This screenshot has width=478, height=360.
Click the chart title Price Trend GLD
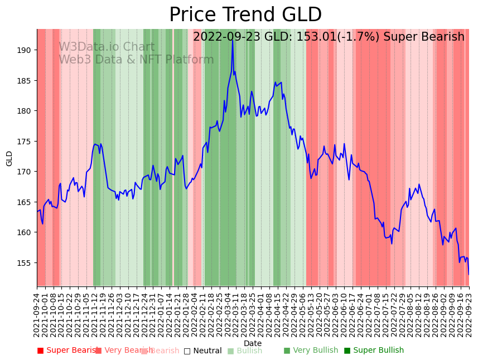coord(245,15)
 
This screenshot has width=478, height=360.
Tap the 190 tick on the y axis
coord(24,50)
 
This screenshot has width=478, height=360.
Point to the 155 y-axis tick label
coord(24,262)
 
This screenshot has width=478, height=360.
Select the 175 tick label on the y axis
coord(24,141)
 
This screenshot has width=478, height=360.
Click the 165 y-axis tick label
coord(24,202)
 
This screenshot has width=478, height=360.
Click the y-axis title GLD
coord(9,158)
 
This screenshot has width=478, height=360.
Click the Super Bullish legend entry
coord(374,351)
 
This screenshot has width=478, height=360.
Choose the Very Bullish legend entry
coord(311,351)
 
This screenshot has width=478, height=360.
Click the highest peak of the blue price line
coord(232,40)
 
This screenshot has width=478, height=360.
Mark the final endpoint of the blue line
coord(469,274)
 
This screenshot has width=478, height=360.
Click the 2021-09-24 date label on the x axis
coord(37,315)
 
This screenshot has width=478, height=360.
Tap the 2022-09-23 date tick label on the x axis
coord(469,315)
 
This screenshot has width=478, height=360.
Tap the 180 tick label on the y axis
coord(24,111)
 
